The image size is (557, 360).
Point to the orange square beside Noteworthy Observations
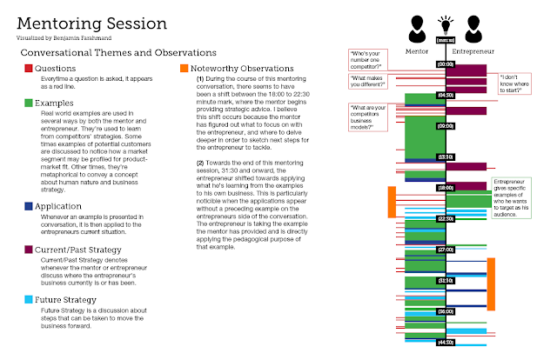pyautogui.click(x=183, y=69)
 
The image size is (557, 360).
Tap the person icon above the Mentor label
pyautogui.click(x=417, y=26)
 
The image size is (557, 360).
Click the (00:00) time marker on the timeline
pyautogui.click(x=446, y=63)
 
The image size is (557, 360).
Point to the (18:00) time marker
pyautogui.click(x=446, y=187)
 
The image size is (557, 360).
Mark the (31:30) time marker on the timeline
pyautogui.click(x=446, y=280)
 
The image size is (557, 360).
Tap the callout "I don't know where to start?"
pyautogui.click(x=520, y=81)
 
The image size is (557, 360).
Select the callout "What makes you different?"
pyautogui.click(x=370, y=82)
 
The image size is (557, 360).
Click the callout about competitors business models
pyautogui.click(x=372, y=117)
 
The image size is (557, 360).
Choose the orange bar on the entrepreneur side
pyautogui.click(x=491, y=283)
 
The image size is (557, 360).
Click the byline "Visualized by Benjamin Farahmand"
pyautogui.click(x=60, y=39)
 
